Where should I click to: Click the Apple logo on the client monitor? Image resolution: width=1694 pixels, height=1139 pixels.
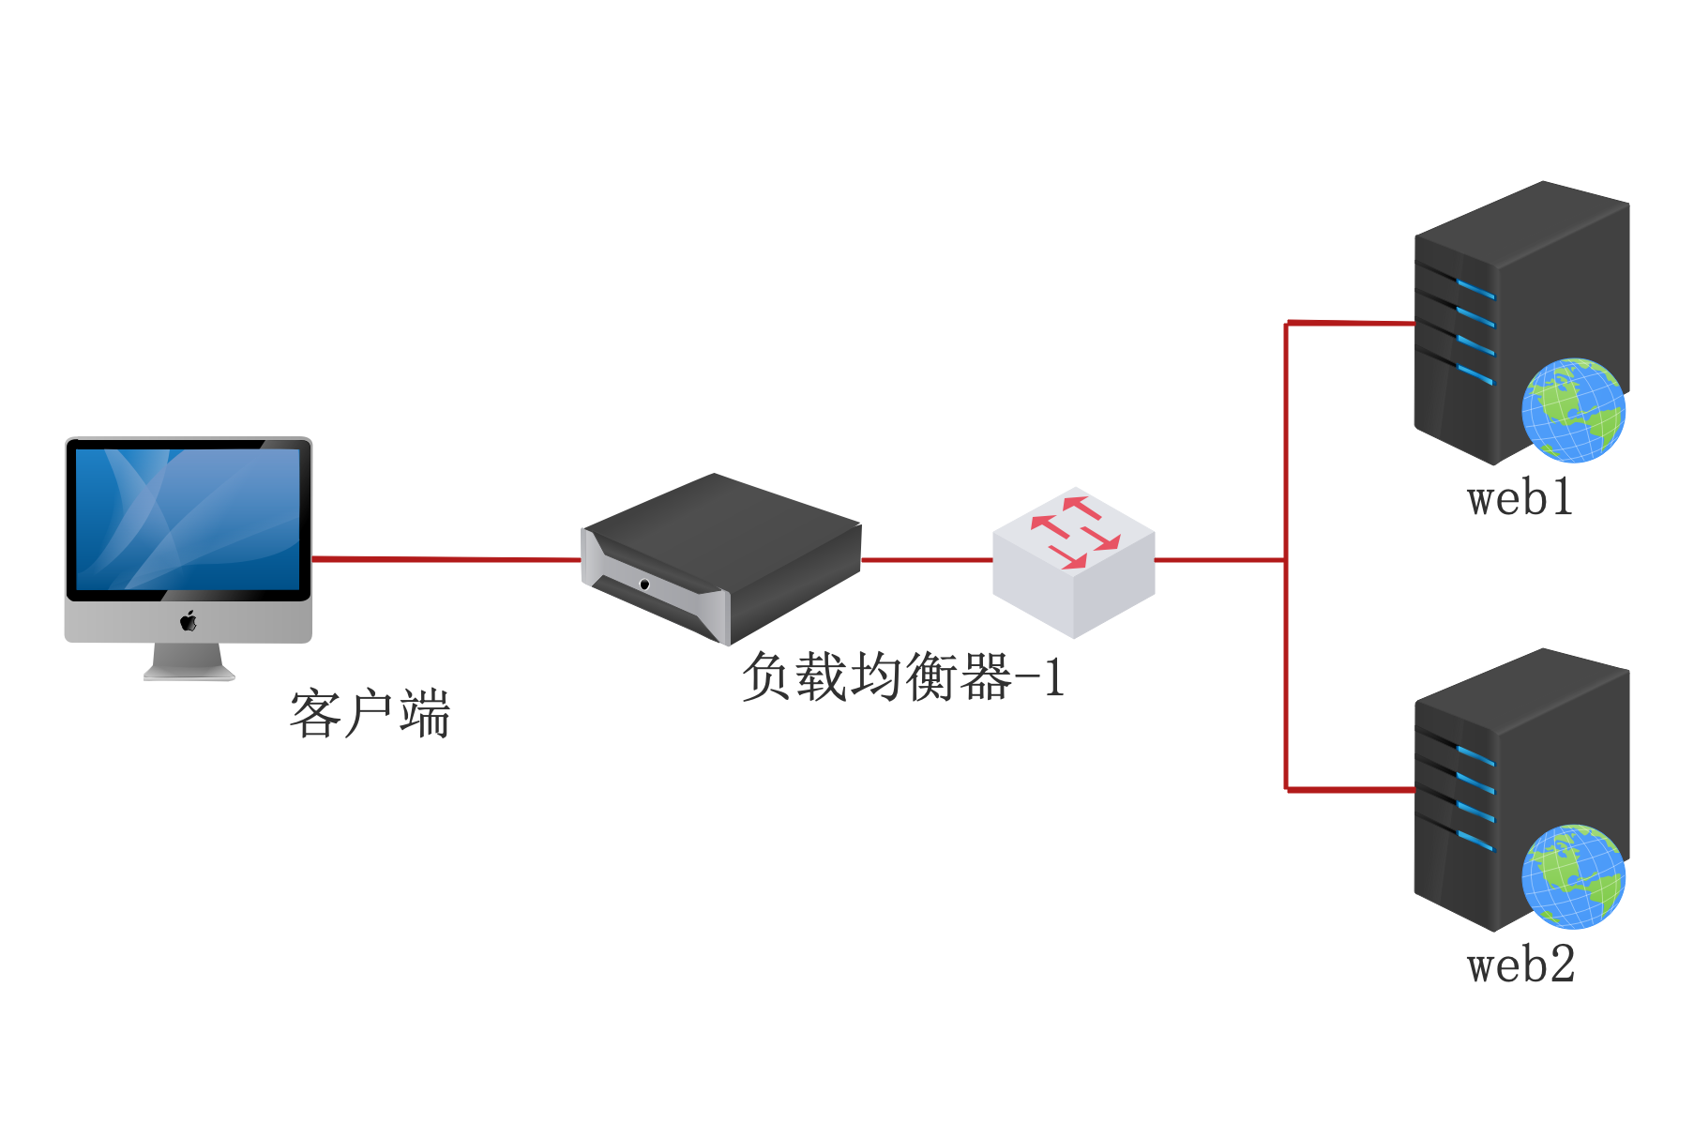click(189, 621)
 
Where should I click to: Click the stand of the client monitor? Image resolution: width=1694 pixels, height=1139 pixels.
click(189, 661)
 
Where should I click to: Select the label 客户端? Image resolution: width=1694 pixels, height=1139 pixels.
click(370, 714)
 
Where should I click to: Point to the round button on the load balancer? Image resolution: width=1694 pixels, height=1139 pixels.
click(644, 585)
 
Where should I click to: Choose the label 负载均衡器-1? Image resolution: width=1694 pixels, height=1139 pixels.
click(902, 677)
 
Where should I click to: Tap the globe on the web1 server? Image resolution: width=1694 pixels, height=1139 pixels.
click(1573, 410)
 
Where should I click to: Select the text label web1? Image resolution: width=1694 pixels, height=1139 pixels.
click(1520, 498)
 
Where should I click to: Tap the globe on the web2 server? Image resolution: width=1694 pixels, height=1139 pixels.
click(1573, 877)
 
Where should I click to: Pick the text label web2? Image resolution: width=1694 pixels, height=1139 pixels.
click(1520, 965)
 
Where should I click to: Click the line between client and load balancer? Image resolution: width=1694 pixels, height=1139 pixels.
click(446, 559)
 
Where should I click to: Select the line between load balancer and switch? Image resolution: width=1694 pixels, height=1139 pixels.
click(927, 560)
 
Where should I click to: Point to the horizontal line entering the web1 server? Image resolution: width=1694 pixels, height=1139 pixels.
click(1351, 323)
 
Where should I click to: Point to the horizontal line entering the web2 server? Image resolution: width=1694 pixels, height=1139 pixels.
click(1351, 790)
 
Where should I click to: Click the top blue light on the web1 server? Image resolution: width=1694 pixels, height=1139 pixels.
click(1475, 288)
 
